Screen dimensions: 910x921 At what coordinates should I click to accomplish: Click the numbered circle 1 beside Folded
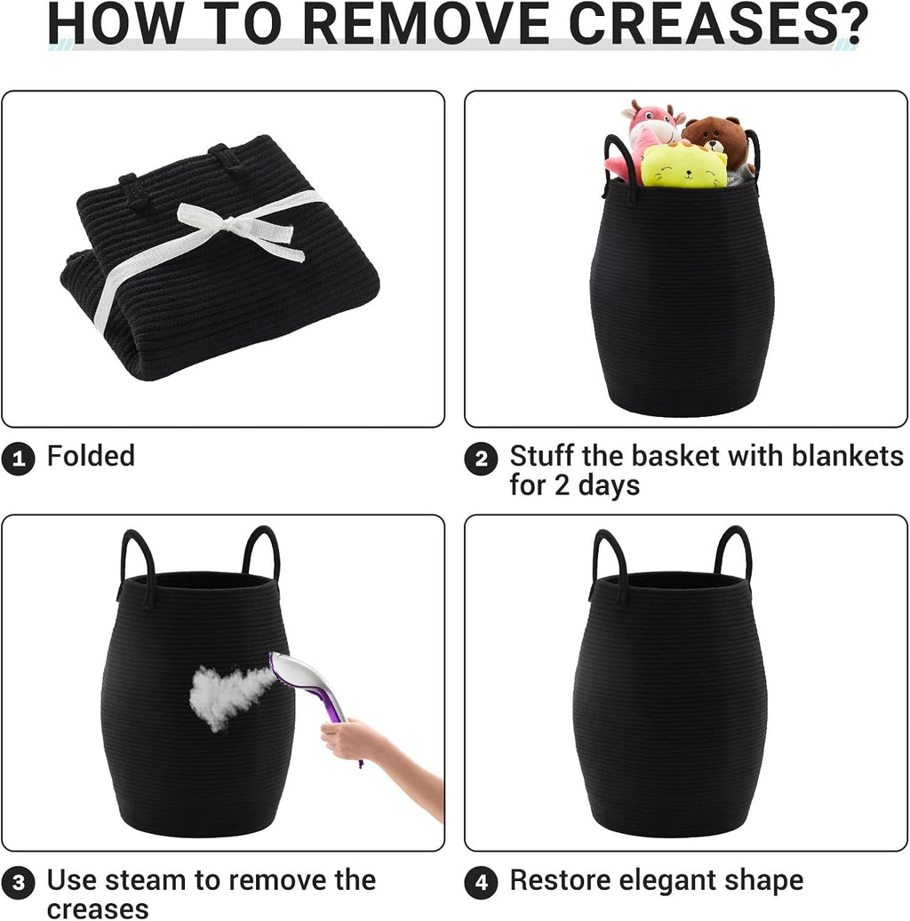click(x=18, y=459)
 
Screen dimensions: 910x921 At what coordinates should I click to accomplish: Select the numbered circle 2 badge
click(x=481, y=459)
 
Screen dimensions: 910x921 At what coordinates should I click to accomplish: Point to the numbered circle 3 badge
click(x=18, y=883)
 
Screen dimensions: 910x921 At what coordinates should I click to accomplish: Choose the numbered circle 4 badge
click(x=481, y=883)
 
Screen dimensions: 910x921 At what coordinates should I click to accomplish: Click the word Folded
click(x=91, y=456)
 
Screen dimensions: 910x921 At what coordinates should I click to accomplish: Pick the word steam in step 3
click(x=147, y=880)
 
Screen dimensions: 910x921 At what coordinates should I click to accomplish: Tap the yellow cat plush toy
click(x=683, y=165)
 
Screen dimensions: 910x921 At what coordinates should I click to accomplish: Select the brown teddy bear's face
click(x=714, y=136)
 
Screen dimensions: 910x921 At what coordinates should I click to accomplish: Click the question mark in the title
click(x=852, y=23)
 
